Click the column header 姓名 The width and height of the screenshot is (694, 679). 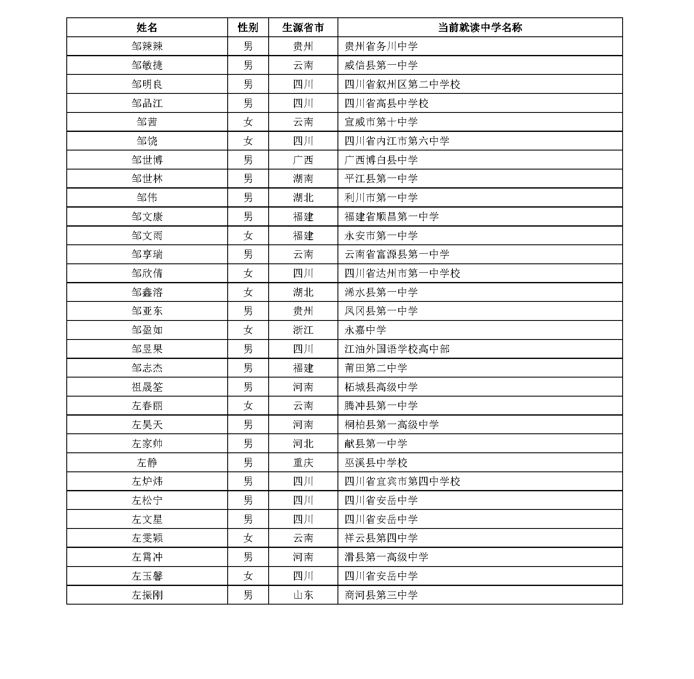[x=147, y=27]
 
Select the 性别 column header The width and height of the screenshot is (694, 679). [x=248, y=27]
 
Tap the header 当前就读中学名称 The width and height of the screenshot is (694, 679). [x=480, y=27]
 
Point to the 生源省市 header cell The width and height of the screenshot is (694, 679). [x=303, y=27]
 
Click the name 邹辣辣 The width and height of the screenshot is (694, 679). [x=147, y=47]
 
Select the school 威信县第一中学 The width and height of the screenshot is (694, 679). [x=381, y=65]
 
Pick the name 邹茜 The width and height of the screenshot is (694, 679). [x=147, y=122]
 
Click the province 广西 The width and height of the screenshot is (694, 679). [x=303, y=160]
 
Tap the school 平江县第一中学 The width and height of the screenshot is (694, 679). [x=381, y=179]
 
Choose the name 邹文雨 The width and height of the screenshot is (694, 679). [x=147, y=235]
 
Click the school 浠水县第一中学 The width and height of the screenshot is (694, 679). [x=381, y=292]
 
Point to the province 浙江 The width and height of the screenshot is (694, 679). [x=303, y=330]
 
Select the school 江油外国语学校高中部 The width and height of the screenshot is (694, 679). [x=397, y=349]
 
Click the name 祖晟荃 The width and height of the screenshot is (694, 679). [x=147, y=387]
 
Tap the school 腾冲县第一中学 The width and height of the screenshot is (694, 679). [x=381, y=405]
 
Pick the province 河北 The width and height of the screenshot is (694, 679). [x=303, y=444]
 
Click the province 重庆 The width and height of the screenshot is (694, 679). [x=303, y=463]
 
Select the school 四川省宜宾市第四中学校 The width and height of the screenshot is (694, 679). [x=402, y=481]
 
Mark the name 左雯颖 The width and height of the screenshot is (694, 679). [x=147, y=538]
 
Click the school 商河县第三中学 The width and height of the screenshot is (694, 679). [x=381, y=595]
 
